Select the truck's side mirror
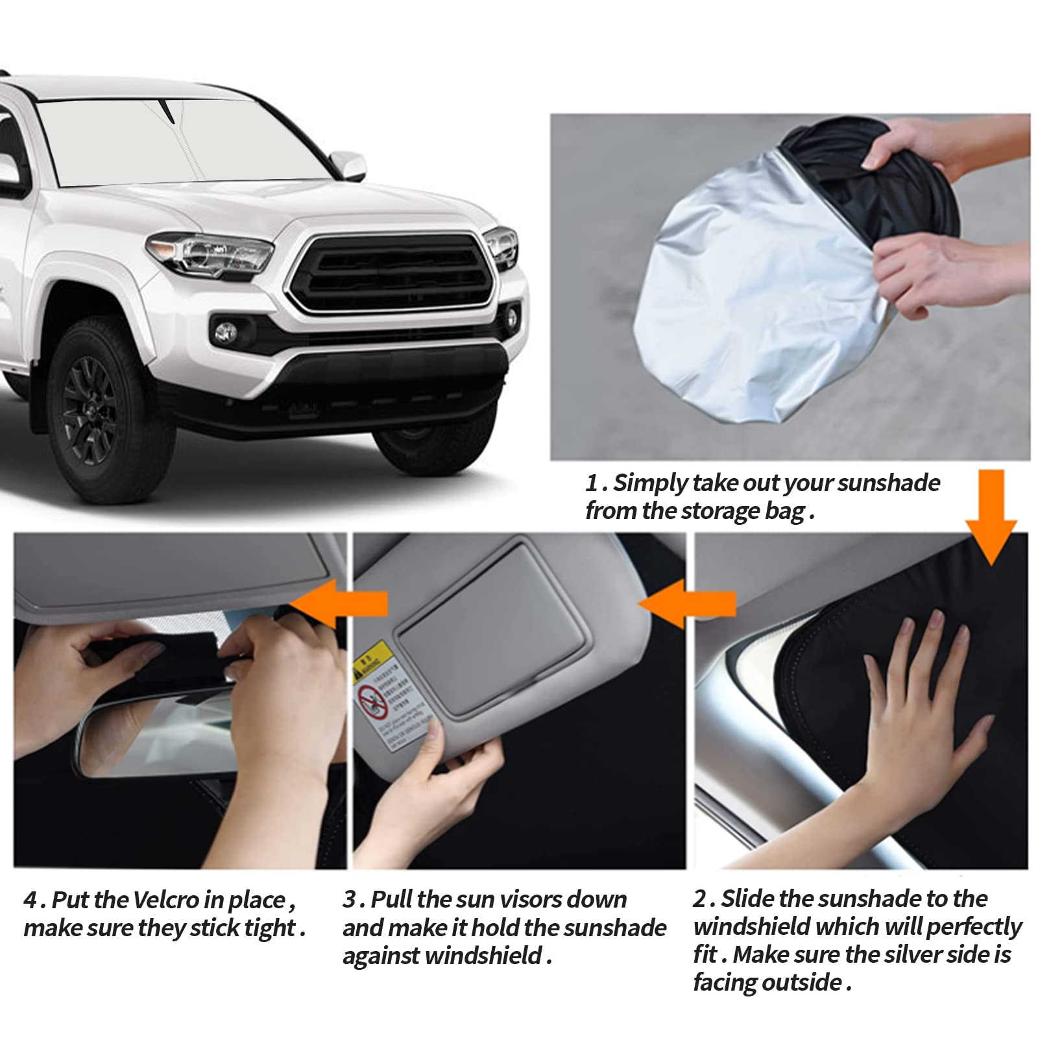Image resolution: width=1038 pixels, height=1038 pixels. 348,165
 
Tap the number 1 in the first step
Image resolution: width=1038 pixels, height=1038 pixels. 591,483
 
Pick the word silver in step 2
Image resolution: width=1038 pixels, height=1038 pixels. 909,954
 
